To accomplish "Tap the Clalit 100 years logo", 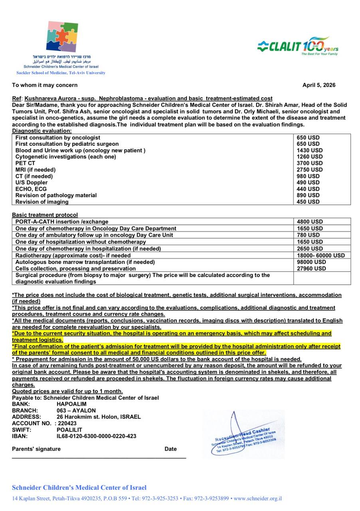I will click(x=298, y=46).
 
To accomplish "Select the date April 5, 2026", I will click(x=318, y=85).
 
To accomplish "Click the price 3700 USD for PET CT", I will click(x=310, y=163).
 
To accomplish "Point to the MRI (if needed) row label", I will click(x=36, y=170).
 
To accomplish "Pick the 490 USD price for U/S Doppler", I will click(x=308, y=182).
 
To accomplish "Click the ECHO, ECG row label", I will click(x=31, y=189).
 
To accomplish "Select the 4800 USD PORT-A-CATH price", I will click(x=310, y=222).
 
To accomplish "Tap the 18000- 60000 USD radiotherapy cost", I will click(x=321, y=255).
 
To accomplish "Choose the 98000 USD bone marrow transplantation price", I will click(x=311, y=262).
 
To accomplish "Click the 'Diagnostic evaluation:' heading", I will click(x=42, y=131).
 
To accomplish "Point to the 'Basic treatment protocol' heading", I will click(x=45, y=215).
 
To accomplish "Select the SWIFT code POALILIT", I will click(x=69, y=430).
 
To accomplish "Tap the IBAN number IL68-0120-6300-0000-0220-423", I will click(x=96, y=436).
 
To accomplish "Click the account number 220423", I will click(x=67, y=424).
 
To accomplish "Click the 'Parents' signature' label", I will click(x=36, y=449).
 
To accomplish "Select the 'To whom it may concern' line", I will click(x=45, y=85).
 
